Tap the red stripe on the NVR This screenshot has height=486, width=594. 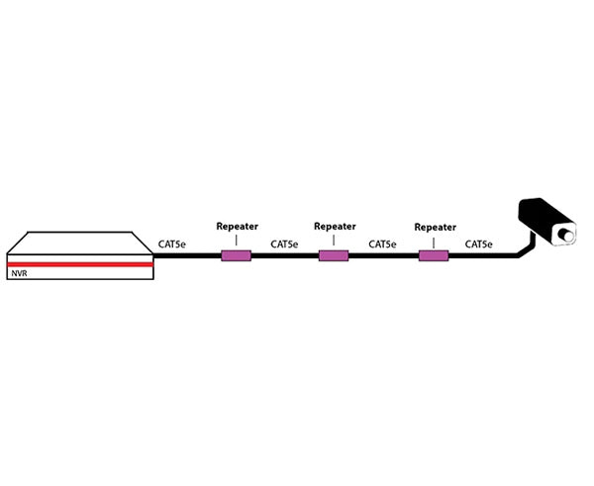pyautogui.click(x=79, y=264)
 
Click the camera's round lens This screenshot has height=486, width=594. pyautogui.click(x=567, y=236)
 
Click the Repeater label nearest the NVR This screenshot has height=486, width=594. pyautogui.click(x=237, y=226)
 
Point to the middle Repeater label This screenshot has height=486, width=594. pyautogui.click(x=335, y=226)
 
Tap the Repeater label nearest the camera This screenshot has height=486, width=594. pyautogui.click(x=435, y=226)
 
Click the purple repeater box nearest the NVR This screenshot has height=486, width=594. pyautogui.click(x=236, y=256)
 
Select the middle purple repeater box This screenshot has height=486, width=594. pyautogui.click(x=334, y=256)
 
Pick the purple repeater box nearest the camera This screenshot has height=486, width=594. pyautogui.click(x=434, y=256)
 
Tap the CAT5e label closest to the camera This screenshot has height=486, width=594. pyautogui.click(x=479, y=243)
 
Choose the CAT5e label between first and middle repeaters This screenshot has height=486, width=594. pyautogui.click(x=284, y=243)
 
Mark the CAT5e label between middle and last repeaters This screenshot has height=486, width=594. pyautogui.click(x=382, y=243)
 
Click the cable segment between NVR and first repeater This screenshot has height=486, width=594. pyautogui.click(x=188, y=256)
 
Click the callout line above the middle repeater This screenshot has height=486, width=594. pyautogui.click(x=334, y=240)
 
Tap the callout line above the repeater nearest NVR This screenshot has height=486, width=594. pyautogui.click(x=236, y=240)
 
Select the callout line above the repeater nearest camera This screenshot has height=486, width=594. pyautogui.click(x=434, y=240)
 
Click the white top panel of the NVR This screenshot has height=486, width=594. pyautogui.click(x=79, y=243)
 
